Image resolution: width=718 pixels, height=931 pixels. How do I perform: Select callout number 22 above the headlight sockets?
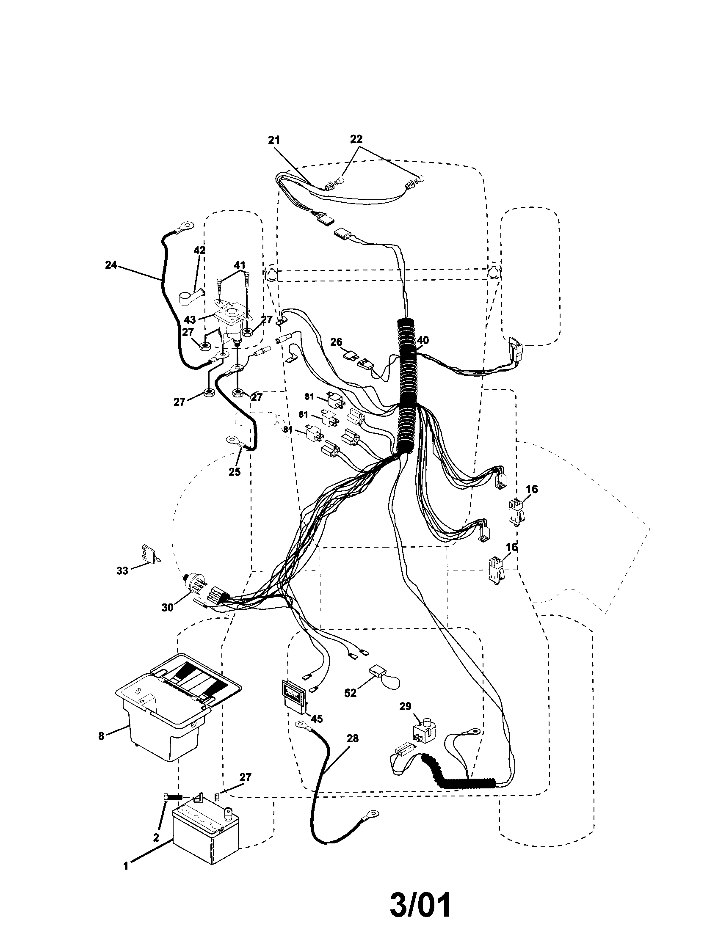pos(356,139)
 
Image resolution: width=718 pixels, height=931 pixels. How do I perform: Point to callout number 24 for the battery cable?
pos(111,265)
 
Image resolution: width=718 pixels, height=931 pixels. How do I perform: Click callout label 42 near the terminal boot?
pos(199,250)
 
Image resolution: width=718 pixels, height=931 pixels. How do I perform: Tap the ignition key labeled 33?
pos(146,555)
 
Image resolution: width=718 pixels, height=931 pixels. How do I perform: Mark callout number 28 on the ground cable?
pos(353,738)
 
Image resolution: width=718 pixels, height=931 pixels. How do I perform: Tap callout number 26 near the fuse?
pos(336,342)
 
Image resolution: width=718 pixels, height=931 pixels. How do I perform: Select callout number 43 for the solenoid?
pos(190,320)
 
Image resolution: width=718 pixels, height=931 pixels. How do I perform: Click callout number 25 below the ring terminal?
pos(235,471)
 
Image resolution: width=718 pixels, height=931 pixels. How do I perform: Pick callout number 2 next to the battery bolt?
pos(156,837)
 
